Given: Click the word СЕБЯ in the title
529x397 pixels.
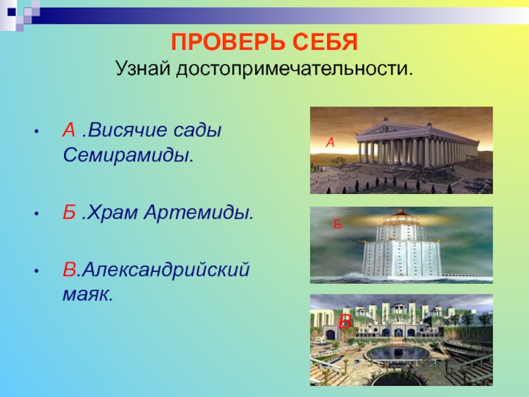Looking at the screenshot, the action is (325, 42).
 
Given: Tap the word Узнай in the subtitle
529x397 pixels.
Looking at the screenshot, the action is (142, 69).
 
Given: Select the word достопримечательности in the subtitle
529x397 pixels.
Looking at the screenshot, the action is (294, 69).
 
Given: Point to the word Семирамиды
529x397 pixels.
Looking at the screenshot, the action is (128, 155).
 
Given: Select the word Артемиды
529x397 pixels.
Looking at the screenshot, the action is (199, 213).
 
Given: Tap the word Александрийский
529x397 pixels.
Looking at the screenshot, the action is (166, 270).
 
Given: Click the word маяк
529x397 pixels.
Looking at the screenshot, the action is (88, 294).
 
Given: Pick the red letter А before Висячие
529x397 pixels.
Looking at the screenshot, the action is (69, 130).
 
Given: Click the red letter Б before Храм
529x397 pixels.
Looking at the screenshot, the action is (69, 212).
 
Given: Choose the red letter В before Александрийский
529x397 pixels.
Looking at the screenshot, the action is (69, 269).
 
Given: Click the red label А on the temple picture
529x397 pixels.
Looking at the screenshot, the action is (330, 143).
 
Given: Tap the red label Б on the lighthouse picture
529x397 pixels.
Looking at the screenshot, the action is (338, 224).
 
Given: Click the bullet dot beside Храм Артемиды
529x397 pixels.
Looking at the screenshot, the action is (36, 214).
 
